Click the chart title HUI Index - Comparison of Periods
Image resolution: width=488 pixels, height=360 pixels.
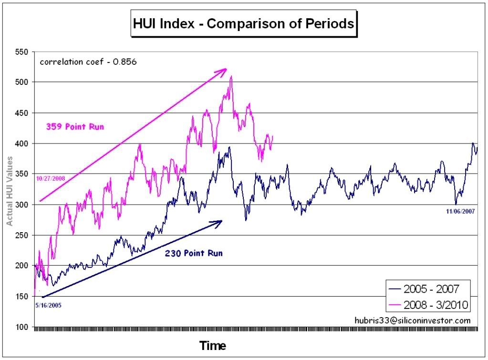[243, 24]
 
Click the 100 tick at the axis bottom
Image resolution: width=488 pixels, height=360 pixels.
[22, 327]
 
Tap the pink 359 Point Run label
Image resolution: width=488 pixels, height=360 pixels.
[75, 127]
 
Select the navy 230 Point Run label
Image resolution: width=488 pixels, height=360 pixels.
[194, 254]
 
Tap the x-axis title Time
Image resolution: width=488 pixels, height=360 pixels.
[212, 345]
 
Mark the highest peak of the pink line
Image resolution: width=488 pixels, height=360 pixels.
[231, 76]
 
